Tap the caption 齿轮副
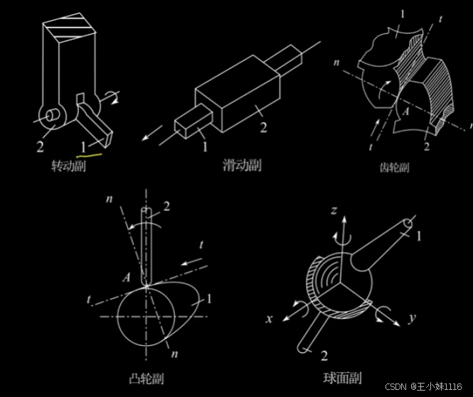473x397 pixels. click(395, 168)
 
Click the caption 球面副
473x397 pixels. click(341, 379)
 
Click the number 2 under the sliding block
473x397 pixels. click(262, 127)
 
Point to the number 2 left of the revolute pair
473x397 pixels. click(41, 146)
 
